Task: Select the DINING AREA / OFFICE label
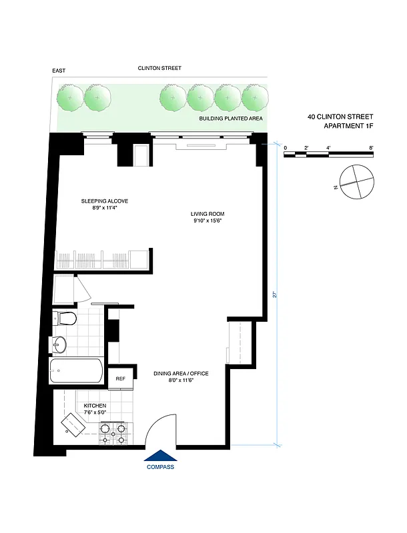[182, 374]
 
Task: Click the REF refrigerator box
[121, 378]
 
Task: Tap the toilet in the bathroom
[65, 318]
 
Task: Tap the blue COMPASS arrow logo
[160, 455]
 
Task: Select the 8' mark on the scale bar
[370, 147]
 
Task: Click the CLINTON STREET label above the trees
[159, 68]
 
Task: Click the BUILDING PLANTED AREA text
[231, 119]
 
